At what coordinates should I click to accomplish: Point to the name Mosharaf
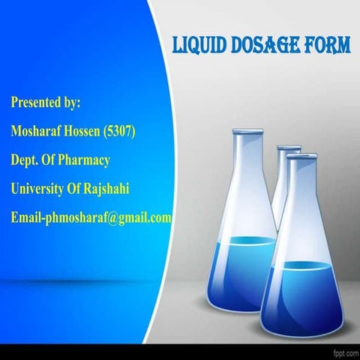pyautogui.click(x=38, y=130)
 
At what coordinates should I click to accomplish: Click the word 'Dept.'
pyautogui.click(x=25, y=160)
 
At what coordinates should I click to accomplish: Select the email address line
pyautogui.click(x=91, y=218)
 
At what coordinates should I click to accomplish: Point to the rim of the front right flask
pyautogui.click(x=302, y=156)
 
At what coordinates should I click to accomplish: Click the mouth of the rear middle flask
pyautogui.click(x=288, y=148)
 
